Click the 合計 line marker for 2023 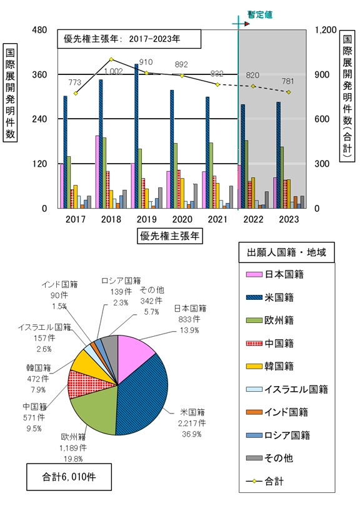point(289,92)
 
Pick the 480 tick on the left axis point(39,30)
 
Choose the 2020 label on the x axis point(182,219)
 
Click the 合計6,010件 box point(61,478)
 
